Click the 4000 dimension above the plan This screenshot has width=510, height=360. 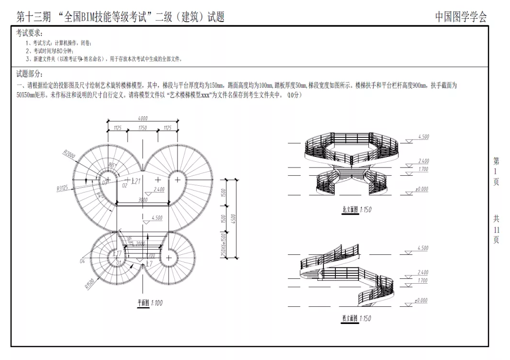tap(142, 118)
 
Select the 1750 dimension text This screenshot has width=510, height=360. tap(142, 128)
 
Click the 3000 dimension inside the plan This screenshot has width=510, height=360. tap(142, 200)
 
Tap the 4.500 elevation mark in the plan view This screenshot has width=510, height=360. tap(156, 218)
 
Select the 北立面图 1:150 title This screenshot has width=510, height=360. tap(356, 210)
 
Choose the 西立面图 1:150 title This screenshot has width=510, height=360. tap(356, 318)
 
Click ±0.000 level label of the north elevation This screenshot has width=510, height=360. tap(422, 189)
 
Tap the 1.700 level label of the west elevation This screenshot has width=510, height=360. tap(423, 280)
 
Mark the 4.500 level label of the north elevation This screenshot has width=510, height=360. tap(423, 137)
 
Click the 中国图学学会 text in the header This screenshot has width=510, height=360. tap(461, 17)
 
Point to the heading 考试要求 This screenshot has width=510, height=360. tap(29, 33)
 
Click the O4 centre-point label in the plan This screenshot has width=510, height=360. tap(82, 261)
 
